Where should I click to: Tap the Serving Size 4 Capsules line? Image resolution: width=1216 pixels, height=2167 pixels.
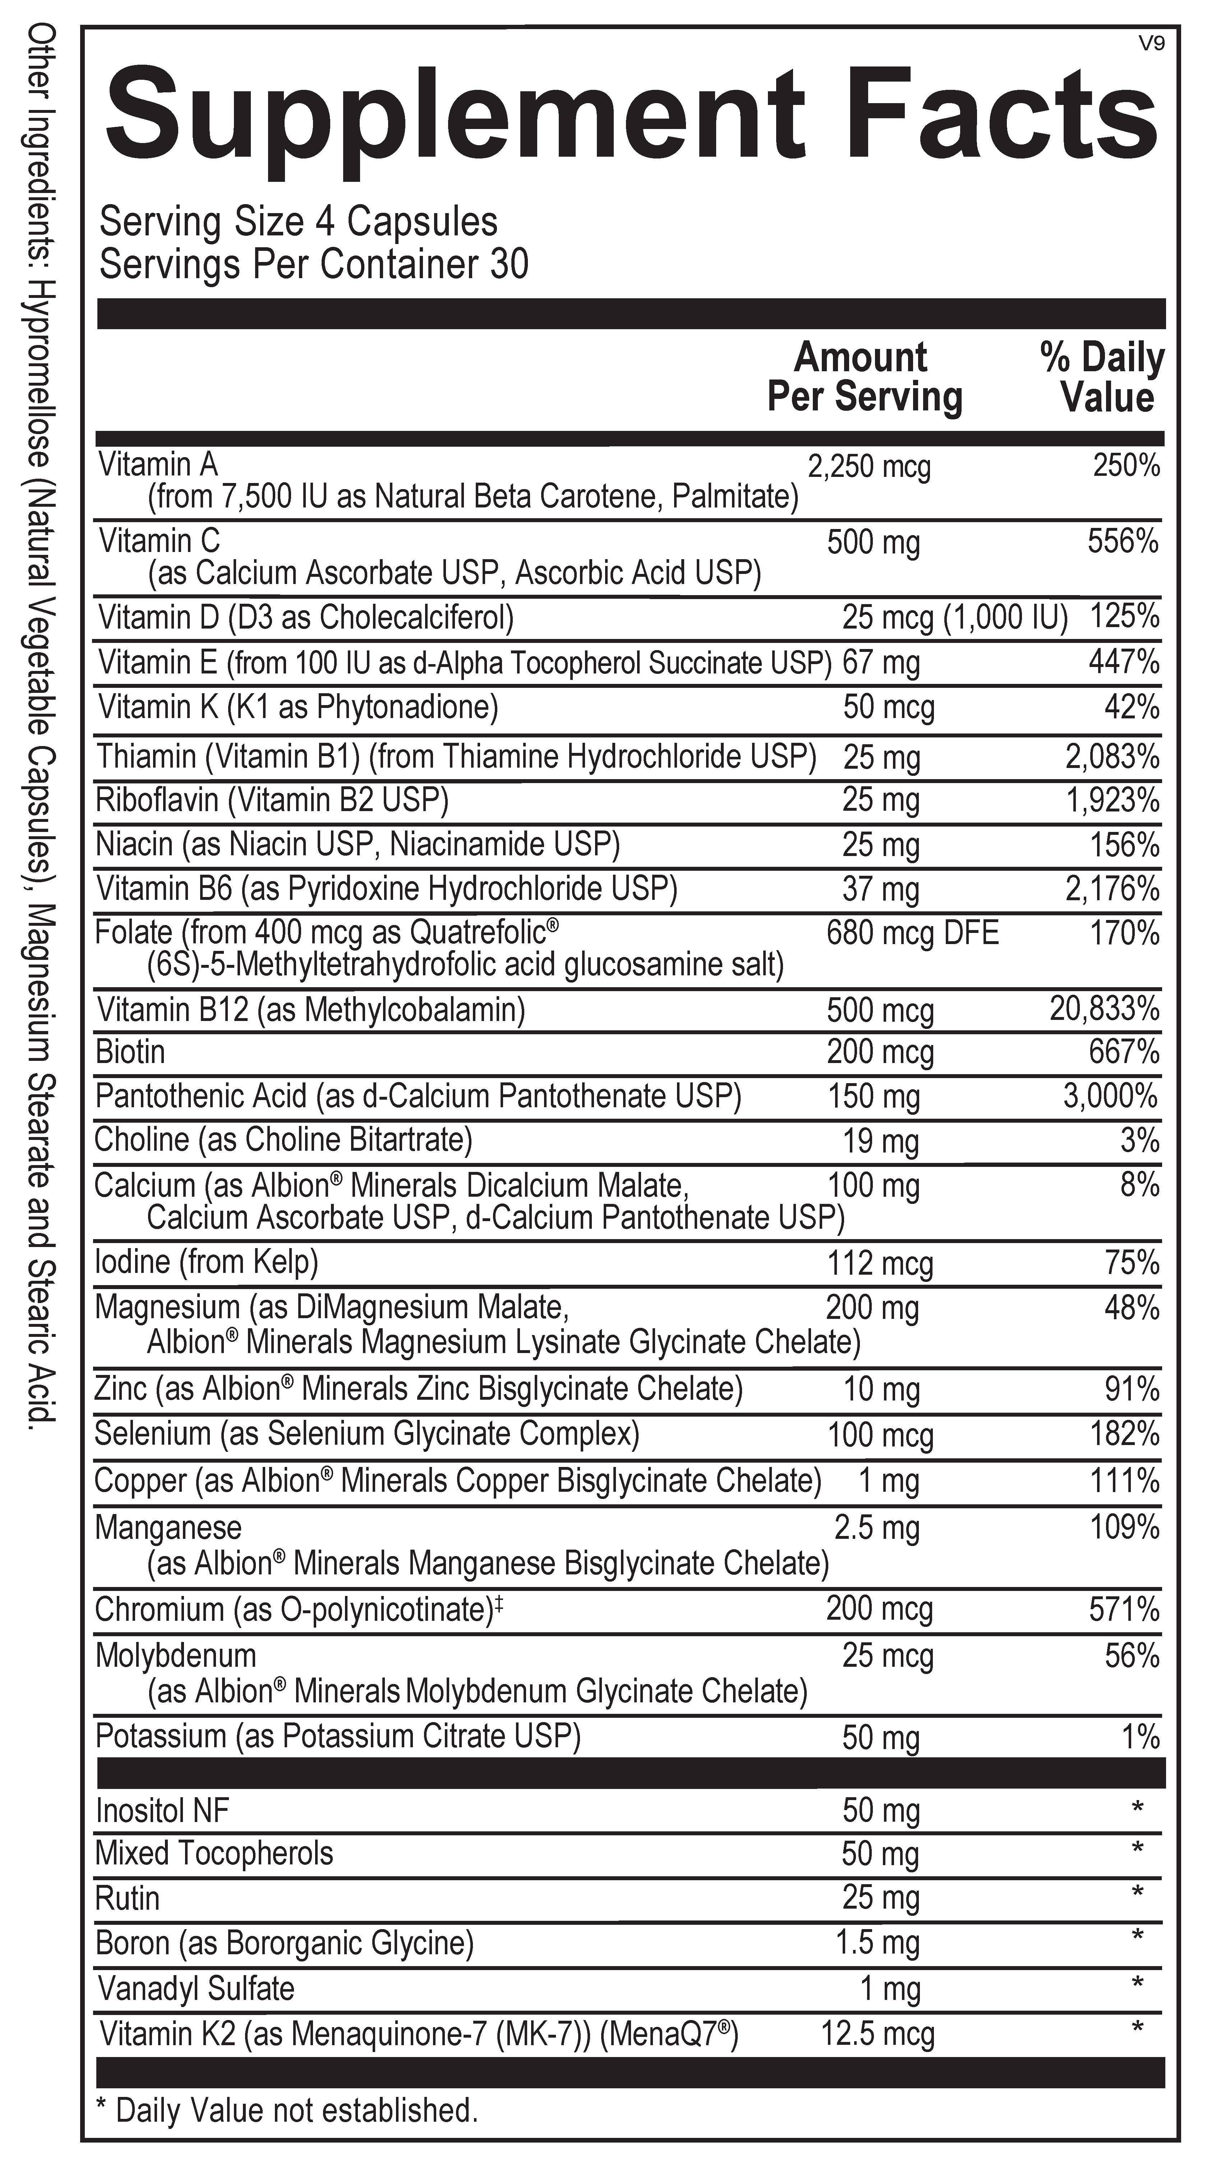coord(299,222)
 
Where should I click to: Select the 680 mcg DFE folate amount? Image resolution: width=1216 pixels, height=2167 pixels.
coord(912,933)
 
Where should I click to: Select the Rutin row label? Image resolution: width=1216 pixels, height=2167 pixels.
coord(127,1899)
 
